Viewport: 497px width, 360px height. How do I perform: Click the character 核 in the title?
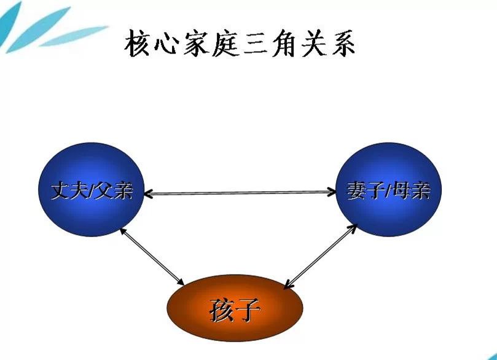(137, 44)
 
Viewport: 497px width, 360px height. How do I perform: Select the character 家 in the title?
(195, 44)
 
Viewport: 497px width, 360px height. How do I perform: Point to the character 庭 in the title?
(225, 44)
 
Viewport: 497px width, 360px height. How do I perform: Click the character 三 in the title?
(254, 44)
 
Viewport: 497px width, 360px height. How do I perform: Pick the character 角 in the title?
(283, 44)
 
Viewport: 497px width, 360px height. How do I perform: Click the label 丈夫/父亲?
(92, 191)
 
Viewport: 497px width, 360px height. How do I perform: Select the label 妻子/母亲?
(389, 191)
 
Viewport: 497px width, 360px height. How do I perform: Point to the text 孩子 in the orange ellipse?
(235, 310)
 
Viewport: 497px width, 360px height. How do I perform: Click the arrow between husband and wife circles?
(240, 193)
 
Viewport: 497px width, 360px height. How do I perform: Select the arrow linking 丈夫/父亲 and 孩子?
(152, 256)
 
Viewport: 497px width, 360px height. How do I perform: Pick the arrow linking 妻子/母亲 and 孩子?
(321, 256)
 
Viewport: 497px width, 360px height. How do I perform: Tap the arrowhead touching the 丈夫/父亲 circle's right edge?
(148, 194)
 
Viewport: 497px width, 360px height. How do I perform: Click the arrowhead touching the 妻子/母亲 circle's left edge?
(332, 192)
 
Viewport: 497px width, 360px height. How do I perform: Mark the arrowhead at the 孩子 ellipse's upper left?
(180, 281)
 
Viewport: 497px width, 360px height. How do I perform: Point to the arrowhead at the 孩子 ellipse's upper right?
(288, 284)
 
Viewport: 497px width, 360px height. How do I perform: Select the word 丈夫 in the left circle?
(70, 191)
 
